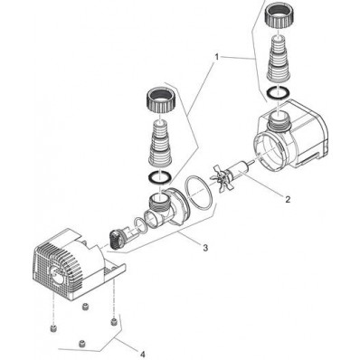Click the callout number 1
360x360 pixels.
pos(216,57)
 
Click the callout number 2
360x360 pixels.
pos(288,199)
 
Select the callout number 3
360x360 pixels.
pos(205,248)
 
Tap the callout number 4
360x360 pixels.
pos(142,354)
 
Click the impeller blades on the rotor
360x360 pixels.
pos(223,178)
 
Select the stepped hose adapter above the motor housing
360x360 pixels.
pos(278,58)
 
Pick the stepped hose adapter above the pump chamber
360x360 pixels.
pos(160,142)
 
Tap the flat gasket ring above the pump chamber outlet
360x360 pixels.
pos(160,177)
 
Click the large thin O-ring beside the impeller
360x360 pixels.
pos(199,193)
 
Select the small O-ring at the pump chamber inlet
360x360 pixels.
pos(141,225)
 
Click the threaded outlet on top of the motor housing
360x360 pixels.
pos(279,119)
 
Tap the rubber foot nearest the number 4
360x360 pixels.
pos(113,321)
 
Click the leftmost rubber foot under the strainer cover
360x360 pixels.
pos(53,328)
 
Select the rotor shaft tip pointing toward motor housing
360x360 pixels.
pos(251,164)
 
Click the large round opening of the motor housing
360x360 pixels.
pos(269,148)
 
